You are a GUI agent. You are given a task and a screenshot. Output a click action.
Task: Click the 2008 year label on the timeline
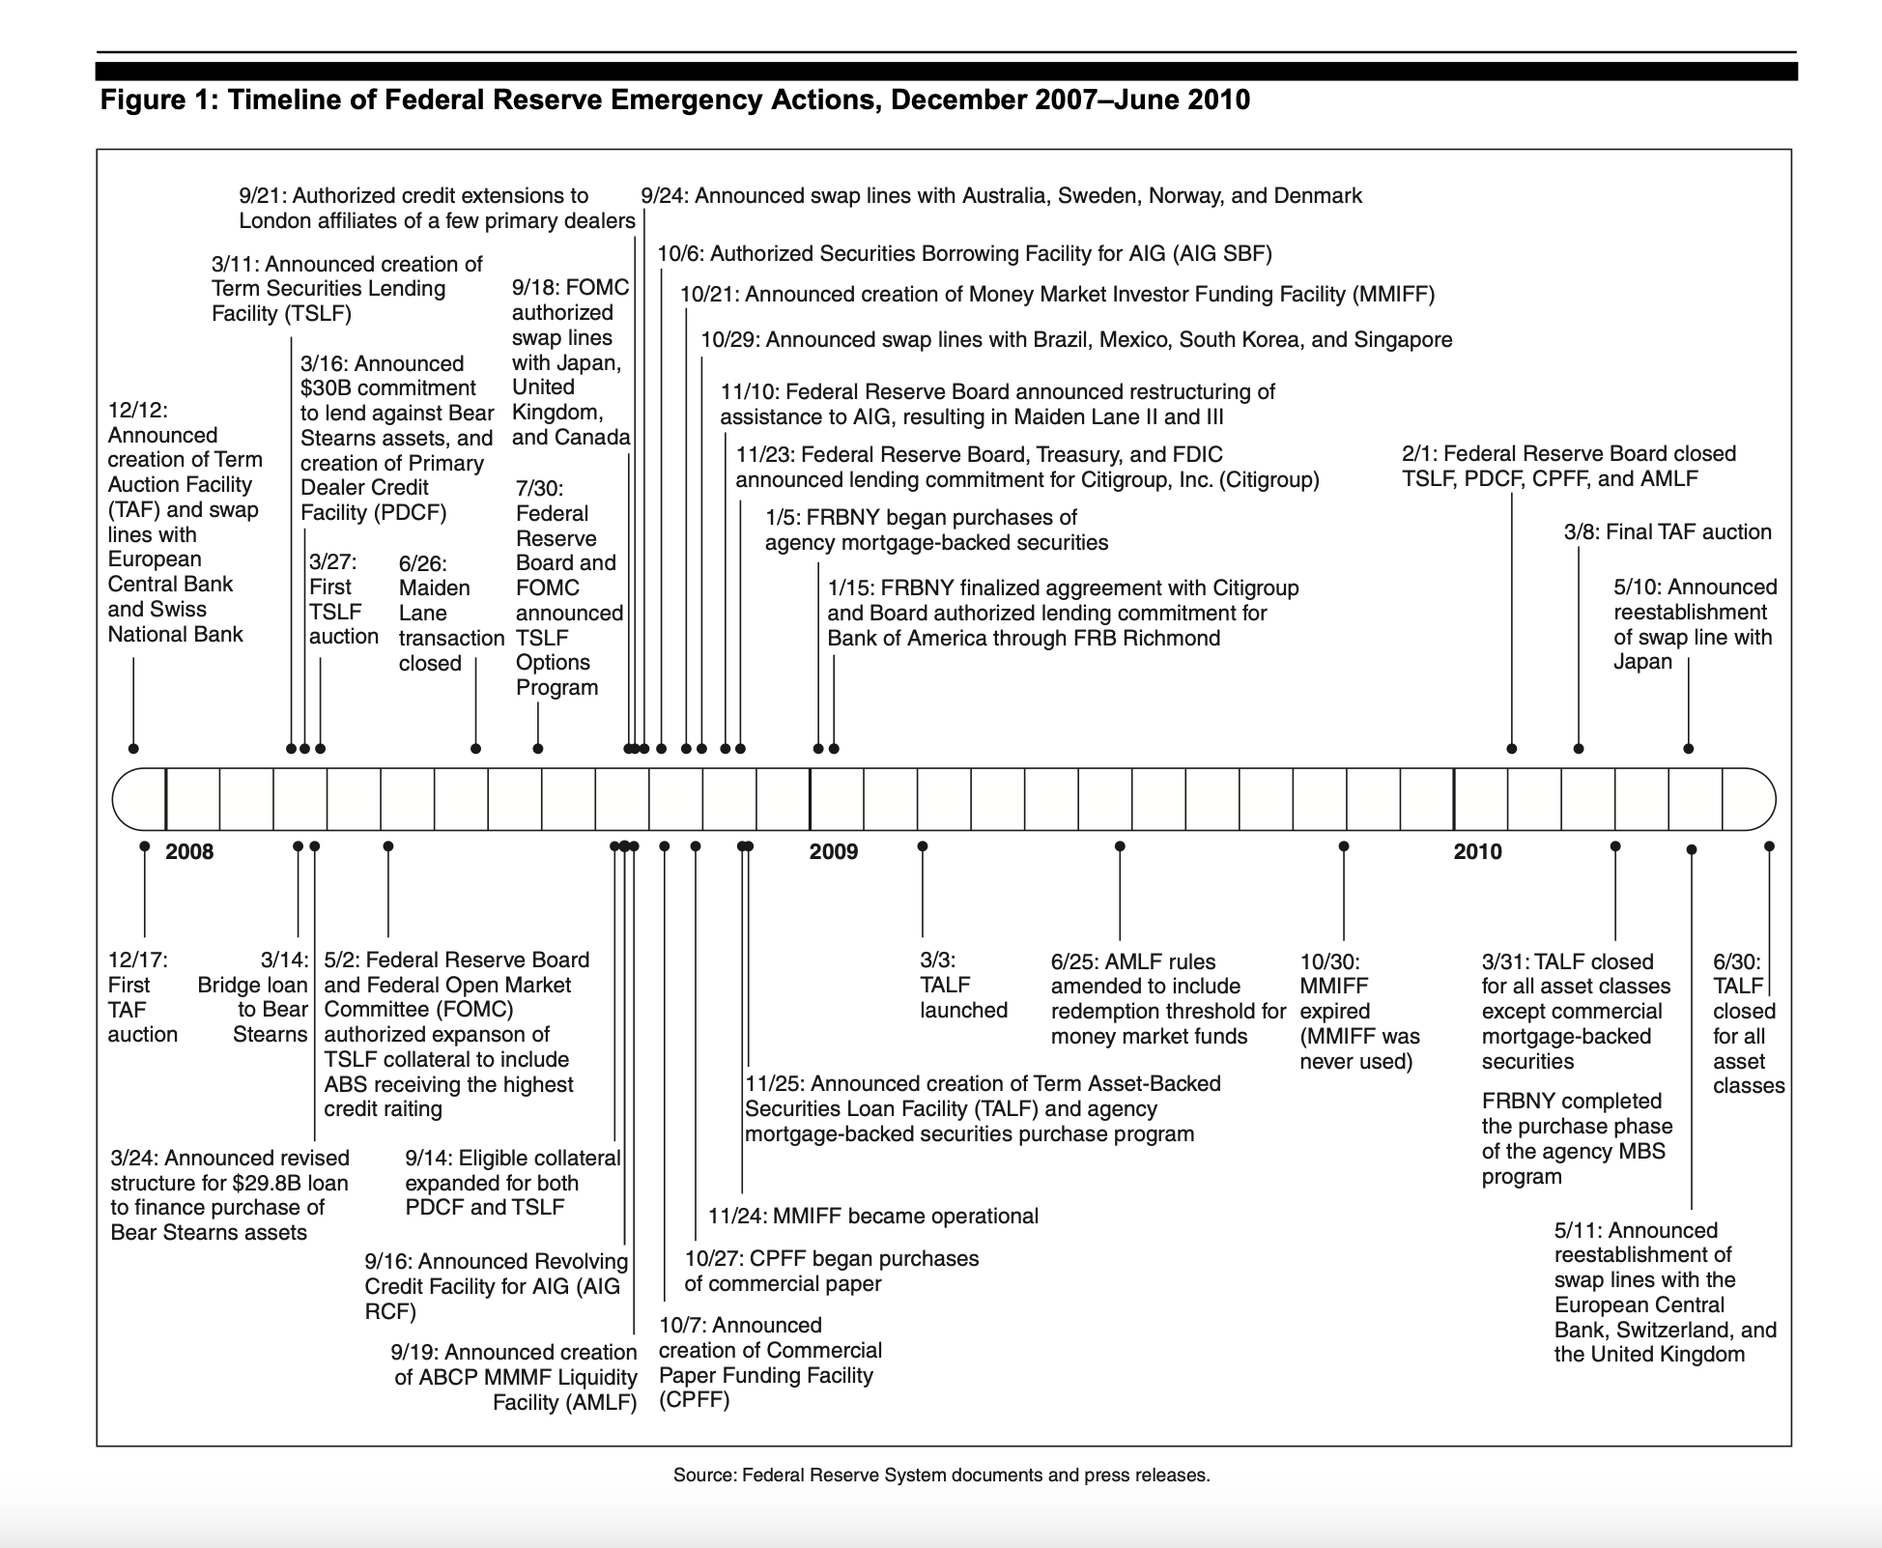[x=189, y=851]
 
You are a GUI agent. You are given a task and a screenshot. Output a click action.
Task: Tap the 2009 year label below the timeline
[x=833, y=851]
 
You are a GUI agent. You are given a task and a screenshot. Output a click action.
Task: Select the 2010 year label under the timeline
[x=1477, y=851]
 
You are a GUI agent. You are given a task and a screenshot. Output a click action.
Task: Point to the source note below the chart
[x=941, y=1476]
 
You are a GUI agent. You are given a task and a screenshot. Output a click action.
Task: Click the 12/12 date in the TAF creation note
[x=136, y=410]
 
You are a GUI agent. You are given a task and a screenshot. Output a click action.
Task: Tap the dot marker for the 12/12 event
[x=133, y=749]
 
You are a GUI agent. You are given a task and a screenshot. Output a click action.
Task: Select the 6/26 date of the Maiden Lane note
[x=422, y=563]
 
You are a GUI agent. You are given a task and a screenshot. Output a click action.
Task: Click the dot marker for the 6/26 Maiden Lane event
[x=475, y=749]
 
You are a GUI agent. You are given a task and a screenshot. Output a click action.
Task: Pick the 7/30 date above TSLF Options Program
[x=539, y=489]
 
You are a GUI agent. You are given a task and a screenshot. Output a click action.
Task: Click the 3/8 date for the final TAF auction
[x=1582, y=531]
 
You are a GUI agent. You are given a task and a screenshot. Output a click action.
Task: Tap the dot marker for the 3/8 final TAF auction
[x=1579, y=749]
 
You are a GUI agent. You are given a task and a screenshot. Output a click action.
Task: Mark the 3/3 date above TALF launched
[x=937, y=960]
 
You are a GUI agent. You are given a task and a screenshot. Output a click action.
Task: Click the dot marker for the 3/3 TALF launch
[x=923, y=846]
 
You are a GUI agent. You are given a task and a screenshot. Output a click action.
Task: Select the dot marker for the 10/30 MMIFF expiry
[x=1343, y=846]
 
